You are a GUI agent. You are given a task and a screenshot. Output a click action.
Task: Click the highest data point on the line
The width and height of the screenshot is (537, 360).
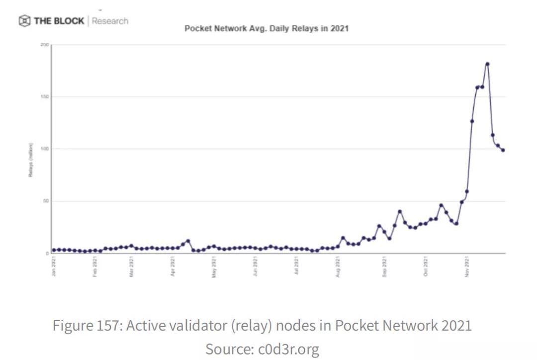coord(487,64)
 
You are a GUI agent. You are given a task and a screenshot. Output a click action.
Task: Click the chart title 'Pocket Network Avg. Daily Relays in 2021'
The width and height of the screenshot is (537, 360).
coord(267,28)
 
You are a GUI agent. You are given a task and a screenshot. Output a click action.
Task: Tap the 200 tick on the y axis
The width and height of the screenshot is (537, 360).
coord(45,45)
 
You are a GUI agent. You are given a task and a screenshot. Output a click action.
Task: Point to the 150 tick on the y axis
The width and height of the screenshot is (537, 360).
coord(45,97)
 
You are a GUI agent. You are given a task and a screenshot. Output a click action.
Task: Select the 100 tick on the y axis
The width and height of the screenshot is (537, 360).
coord(45,149)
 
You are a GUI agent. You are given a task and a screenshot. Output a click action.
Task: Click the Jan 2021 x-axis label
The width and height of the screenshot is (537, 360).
coord(54,267)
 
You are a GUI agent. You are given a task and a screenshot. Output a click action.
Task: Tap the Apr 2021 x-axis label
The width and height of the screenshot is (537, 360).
coord(173,267)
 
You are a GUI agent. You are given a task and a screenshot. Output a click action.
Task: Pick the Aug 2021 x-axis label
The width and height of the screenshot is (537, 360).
coord(338,267)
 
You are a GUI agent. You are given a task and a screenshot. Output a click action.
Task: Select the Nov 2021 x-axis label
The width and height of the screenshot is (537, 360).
coord(467,267)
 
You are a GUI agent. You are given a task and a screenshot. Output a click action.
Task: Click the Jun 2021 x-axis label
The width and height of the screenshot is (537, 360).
coord(255,267)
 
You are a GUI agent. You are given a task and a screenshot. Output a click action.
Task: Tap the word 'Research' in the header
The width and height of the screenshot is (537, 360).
coord(110,21)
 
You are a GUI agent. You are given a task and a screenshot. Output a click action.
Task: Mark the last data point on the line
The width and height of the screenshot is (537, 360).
coord(503,150)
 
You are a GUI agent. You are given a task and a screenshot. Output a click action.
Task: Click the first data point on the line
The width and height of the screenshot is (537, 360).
coord(54,250)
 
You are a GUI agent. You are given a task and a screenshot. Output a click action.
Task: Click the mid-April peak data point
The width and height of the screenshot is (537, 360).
coord(188,241)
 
